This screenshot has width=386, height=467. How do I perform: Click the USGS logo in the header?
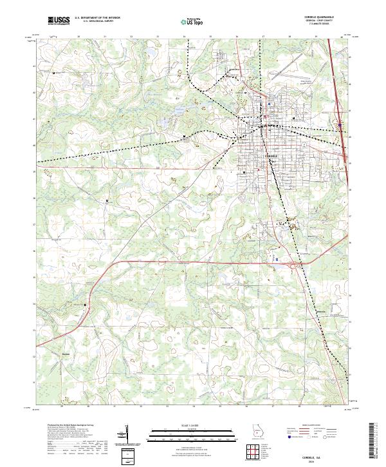pos(59,21)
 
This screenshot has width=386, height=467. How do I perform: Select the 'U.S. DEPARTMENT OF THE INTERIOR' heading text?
pos(97,18)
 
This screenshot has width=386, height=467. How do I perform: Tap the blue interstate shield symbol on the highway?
pos(340,124)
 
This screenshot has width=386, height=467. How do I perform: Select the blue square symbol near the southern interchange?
pos(277,258)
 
